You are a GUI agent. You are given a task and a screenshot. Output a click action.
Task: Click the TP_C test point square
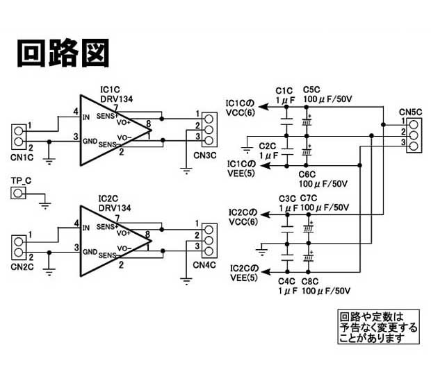[19, 193]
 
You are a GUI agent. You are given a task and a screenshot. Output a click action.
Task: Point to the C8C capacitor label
[310, 281]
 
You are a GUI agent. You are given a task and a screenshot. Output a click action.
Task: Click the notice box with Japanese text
[379, 327]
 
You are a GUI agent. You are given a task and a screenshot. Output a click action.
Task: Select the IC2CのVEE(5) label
[243, 273]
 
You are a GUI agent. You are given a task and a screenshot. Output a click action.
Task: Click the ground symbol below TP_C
[44, 203]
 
